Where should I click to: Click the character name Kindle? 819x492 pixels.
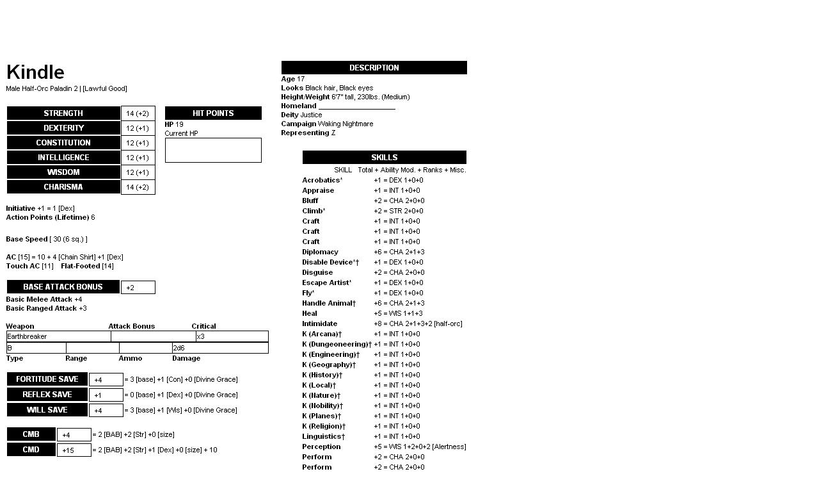pos(35,72)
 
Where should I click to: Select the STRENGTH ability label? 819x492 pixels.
pos(63,113)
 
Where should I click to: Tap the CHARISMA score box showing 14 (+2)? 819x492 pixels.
pos(138,187)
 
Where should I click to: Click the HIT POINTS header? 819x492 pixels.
pos(213,113)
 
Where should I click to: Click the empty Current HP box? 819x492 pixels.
pos(213,150)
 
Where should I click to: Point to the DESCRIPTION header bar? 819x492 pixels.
pos(374,68)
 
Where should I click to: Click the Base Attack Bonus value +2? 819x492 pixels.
pos(138,288)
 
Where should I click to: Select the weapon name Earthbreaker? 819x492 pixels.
pos(28,336)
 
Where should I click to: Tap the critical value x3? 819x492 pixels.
pos(201,336)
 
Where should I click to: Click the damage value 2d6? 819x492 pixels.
pos(179,348)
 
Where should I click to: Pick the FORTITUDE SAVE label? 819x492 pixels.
pos(47,379)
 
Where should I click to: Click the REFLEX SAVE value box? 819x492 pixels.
pos(106,395)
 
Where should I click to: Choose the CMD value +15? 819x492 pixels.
pos(74,450)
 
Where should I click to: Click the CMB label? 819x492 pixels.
pos(31,434)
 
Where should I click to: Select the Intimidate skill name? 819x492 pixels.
pos(319,324)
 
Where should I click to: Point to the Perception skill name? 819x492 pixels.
pos(321,447)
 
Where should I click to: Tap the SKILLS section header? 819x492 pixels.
pos(384,158)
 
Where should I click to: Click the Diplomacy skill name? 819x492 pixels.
pos(320,252)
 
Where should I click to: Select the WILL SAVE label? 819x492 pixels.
pos(47,410)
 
